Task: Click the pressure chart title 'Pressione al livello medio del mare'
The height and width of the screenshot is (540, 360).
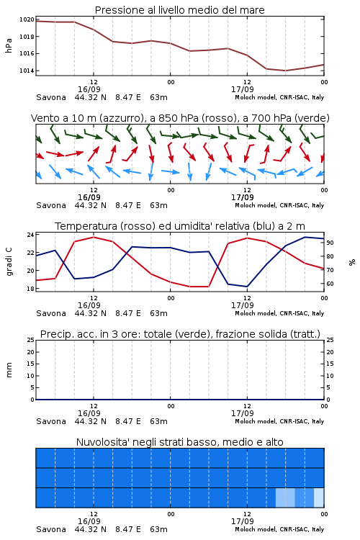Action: [x=179, y=10]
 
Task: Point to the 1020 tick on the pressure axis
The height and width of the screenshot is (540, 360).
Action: [x=27, y=19]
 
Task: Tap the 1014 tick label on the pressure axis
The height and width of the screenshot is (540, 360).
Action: [x=27, y=71]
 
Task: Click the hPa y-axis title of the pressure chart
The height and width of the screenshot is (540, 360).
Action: [x=9, y=45]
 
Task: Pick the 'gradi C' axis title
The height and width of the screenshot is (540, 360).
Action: [x=9, y=262]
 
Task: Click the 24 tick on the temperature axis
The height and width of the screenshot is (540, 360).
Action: [x=30, y=235]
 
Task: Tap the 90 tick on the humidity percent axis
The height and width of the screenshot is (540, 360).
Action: [x=330, y=243]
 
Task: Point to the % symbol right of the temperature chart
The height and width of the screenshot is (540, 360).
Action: [x=352, y=262]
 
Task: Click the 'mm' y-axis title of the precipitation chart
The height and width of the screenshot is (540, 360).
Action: [x=9, y=370]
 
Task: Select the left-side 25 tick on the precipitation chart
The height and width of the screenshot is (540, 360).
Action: [x=30, y=340]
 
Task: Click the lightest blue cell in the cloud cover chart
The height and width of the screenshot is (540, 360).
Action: [x=319, y=498]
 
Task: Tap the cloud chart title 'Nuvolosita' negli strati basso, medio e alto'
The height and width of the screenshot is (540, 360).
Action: [x=179, y=442]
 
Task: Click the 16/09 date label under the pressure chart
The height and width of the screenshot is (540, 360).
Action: [x=89, y=89]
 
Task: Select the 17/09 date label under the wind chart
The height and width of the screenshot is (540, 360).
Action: [x=243, y=198]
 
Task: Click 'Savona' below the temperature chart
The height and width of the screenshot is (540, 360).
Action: [x=51, y=313]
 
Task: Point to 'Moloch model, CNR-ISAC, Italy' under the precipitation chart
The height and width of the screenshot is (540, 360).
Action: [x=279, y=421]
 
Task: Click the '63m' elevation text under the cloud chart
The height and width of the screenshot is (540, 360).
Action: [x=159, y=529]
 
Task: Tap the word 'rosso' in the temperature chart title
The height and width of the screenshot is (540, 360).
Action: [x=138, y=226]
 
